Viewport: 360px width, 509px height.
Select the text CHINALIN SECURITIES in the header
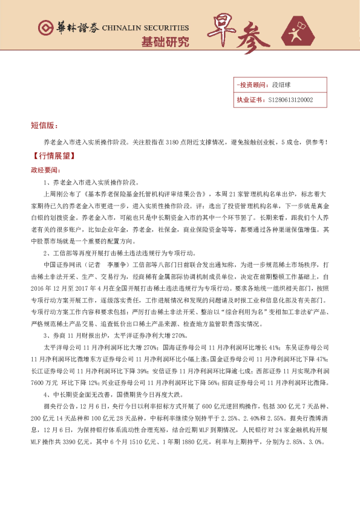(145, 28)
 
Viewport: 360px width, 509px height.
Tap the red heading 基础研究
(165, 42)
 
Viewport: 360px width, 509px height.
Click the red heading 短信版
(44, 126)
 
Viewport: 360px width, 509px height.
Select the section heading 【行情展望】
(52, 156)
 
